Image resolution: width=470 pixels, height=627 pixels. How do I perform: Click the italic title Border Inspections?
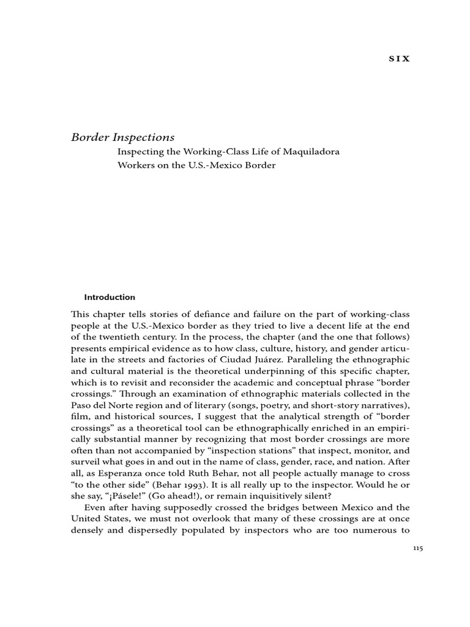click(123, 137)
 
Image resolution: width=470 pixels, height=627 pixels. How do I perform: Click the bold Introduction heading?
click(110, 297)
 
